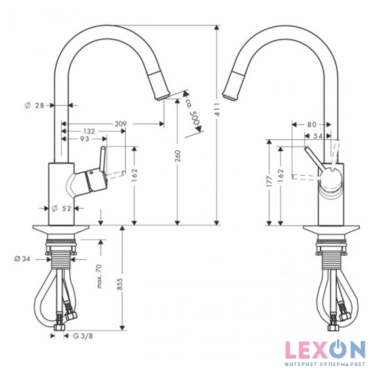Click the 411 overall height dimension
click(217, 109)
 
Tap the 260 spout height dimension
click(177, 156)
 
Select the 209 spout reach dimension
click(121, 124)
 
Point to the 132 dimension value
click(89, 131)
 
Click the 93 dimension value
click(84, 139)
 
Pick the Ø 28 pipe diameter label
click(35, 105)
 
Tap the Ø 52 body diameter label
click(61, 208)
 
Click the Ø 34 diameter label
click(22, 258)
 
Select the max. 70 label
click(100, 276)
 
